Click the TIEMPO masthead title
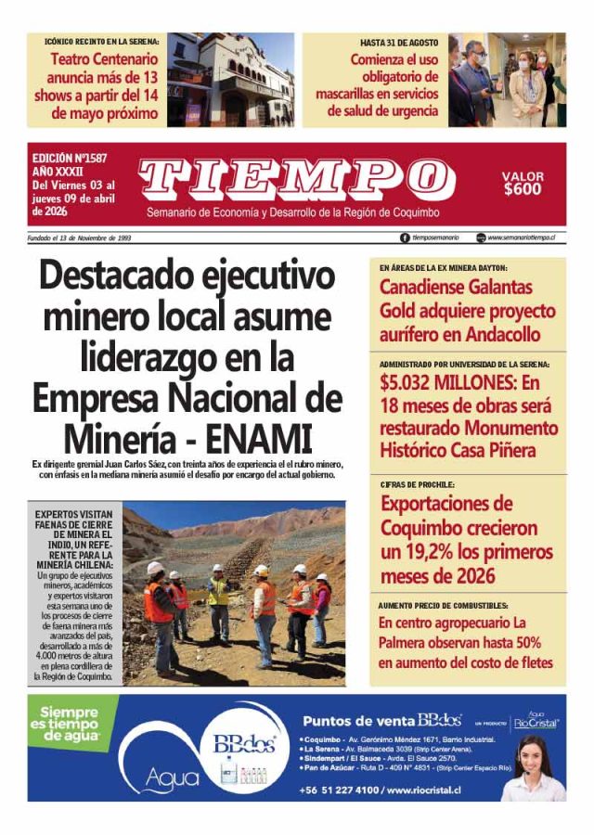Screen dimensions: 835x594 pos(290,177)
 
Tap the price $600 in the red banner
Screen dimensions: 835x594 pos(523,189)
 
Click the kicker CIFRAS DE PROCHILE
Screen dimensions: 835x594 pos(417,485)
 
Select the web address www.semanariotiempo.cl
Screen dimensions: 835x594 pos(521,238)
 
